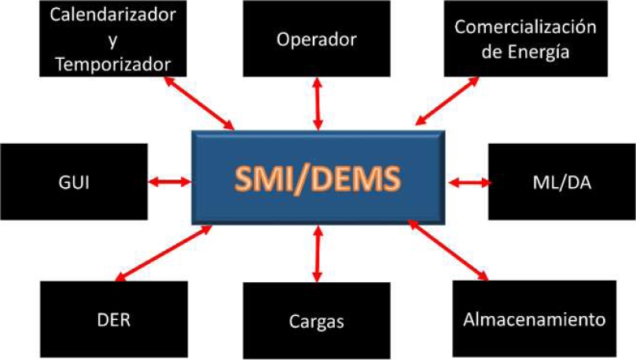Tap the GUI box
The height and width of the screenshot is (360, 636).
pos(75,182)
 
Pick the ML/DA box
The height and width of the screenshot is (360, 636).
pos(561,182)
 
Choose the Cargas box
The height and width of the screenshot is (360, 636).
pos(317,321)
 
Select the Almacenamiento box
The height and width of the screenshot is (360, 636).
pos(535,320)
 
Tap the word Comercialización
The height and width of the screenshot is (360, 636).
pos(525,28)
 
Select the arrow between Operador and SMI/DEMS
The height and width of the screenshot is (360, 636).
pos(318,104)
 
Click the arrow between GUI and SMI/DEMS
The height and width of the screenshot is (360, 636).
pos(170,182)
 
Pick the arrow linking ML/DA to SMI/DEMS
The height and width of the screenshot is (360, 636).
pos(469,182)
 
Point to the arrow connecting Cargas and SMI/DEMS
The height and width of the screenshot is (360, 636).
pos(318,253)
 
